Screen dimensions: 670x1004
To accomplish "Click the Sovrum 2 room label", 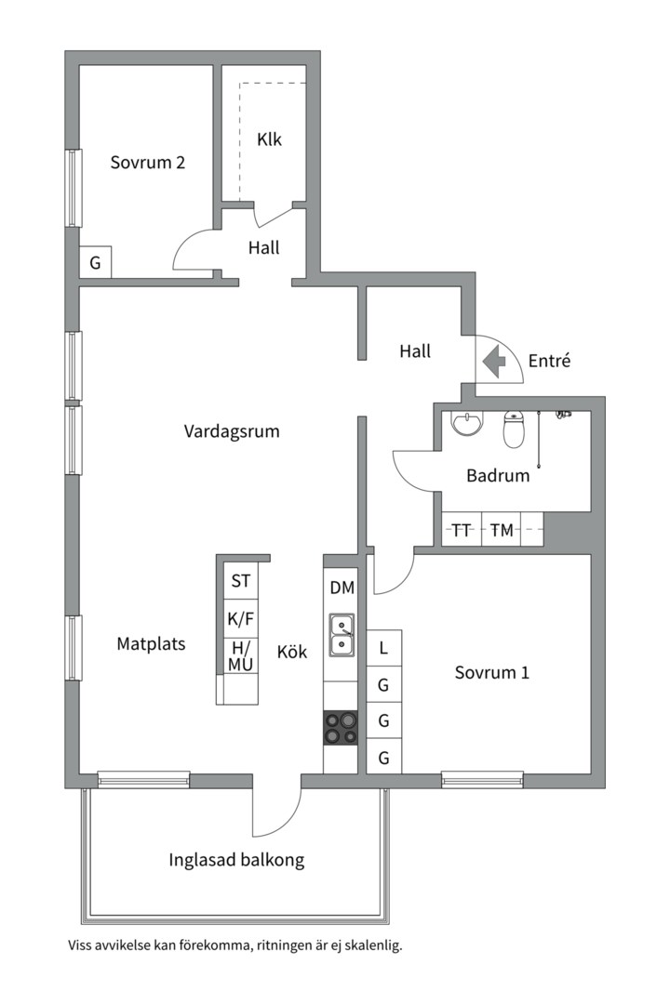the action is tap(147, 163).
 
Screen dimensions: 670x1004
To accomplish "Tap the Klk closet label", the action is tap(269, 139).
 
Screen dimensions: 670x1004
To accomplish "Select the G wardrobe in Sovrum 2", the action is tap(96, 262).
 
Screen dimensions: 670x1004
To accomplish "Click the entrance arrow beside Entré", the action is tap(494, 361).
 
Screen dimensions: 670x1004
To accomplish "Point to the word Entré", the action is tap(549, 361).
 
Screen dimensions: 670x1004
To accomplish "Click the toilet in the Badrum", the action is tap(514, 429).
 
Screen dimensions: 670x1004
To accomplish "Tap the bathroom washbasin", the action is tap(467, 423).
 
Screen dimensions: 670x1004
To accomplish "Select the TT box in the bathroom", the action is tap(462, 530).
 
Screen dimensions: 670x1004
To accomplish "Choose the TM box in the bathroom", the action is tap(502, 530).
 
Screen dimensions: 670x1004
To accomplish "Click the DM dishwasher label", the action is tap(342, 588).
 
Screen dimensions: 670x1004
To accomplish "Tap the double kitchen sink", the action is tap(342, 635).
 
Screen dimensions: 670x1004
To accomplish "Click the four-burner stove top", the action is tap(341, 728).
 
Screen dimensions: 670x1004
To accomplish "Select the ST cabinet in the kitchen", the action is tap(240, 581).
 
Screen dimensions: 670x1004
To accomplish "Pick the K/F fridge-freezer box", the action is tap(240, 618).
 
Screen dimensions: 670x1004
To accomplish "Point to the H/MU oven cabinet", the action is tap(240, 656).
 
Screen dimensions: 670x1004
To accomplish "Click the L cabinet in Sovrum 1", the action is tap(384, 648).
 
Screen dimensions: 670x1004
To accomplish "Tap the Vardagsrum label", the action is tap(232, 431).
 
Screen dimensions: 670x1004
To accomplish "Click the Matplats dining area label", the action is tap(152, 643).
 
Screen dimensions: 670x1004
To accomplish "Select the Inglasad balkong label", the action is tap(236, 860).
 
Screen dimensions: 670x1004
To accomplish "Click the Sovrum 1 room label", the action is tap(491, 672).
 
